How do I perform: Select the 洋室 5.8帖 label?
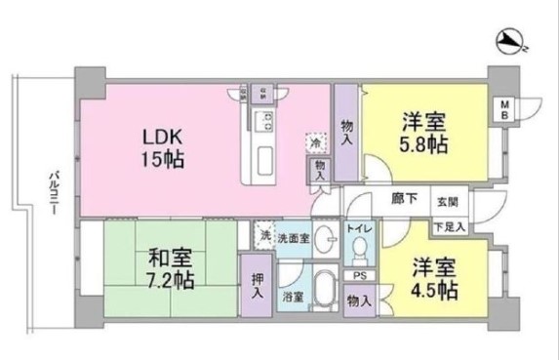423,133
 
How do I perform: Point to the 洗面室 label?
294,237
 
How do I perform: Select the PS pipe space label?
359,276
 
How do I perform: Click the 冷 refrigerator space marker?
313,142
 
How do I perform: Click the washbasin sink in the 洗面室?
329,244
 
